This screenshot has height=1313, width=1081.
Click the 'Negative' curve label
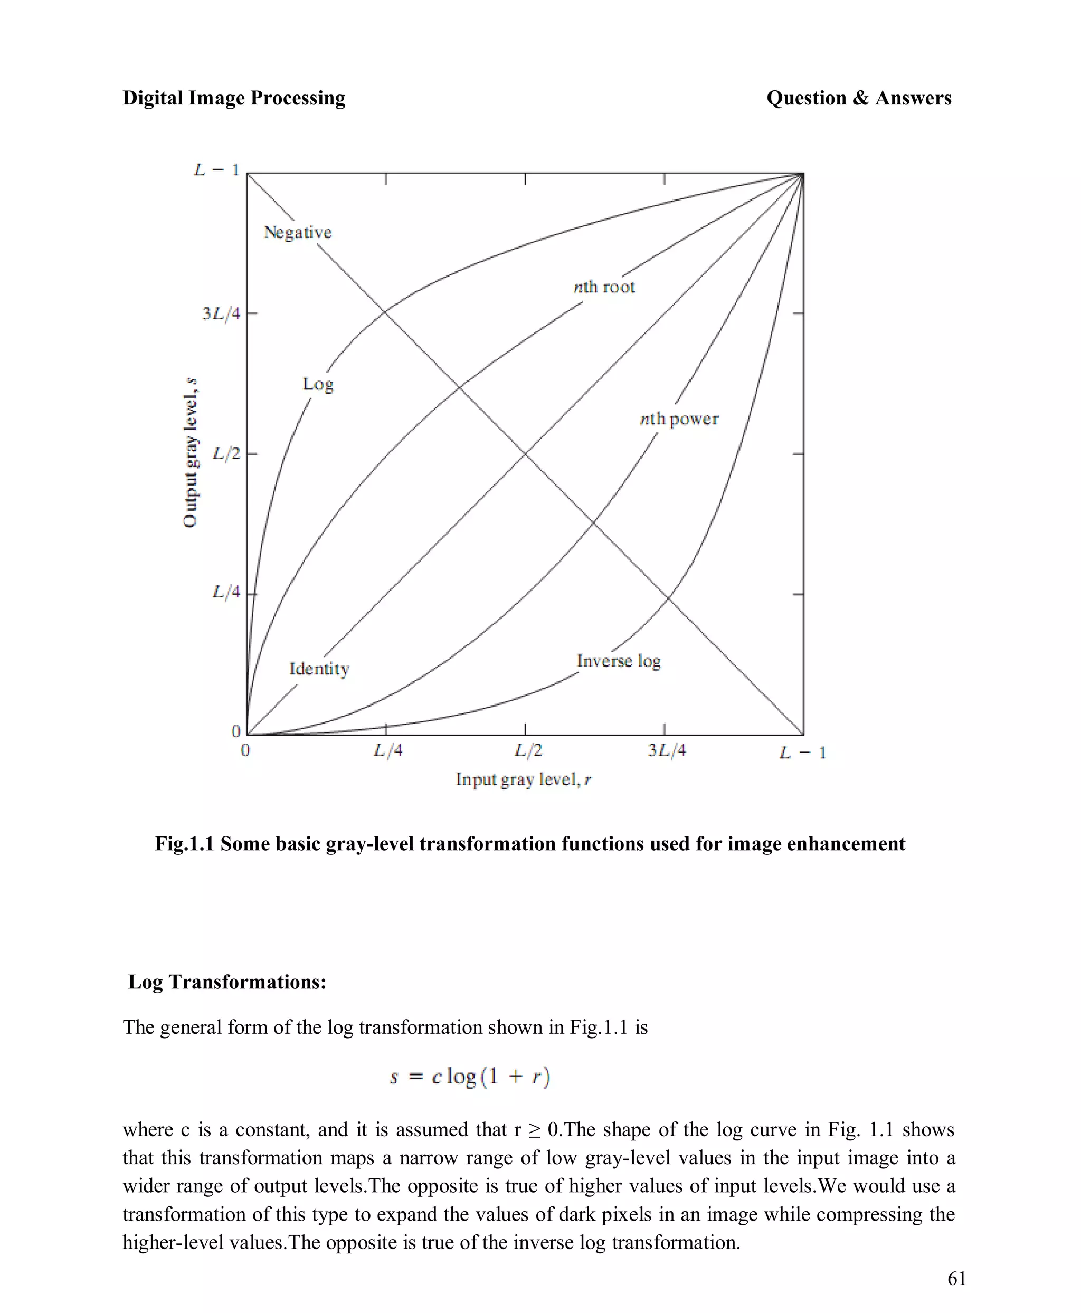pos(298,232)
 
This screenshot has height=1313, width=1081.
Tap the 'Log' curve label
pos(318,384)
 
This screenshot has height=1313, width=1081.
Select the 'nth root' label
pos(604,287)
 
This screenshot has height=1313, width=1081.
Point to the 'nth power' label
pos(679,419)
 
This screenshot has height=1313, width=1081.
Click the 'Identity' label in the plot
pos(319,669)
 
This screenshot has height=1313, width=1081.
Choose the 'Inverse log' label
pos(618,661)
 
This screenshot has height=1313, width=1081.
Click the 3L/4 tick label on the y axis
pos(221,313)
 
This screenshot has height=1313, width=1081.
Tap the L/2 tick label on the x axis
pos(528,751)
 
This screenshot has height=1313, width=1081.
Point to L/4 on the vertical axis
pos(226,592)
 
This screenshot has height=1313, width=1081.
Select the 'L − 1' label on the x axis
pos(802,753)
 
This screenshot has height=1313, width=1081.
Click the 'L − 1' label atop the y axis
pos(216,169)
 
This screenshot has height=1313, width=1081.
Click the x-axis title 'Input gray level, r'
pos(523,779)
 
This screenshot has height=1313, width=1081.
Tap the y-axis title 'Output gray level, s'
pos(191,453)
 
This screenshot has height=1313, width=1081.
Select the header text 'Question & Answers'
pos(858,98)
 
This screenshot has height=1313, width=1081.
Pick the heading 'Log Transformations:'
pos(226,982)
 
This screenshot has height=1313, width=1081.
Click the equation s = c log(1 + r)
pos(470,1076)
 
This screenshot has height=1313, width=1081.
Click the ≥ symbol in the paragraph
pos(534,1130)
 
